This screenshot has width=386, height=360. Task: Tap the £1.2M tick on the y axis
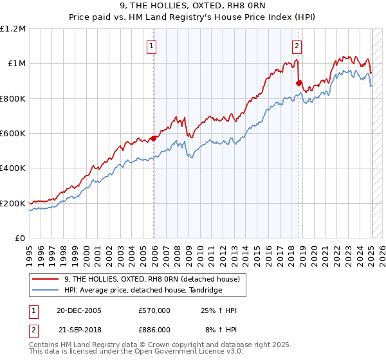13,29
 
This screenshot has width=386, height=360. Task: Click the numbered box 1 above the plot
151,46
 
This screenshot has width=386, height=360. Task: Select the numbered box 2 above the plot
297,46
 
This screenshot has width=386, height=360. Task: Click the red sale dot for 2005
154,138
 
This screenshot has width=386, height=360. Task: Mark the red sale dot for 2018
299,83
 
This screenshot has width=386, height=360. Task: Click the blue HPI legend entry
134,290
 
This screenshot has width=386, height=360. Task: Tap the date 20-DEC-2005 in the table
78,310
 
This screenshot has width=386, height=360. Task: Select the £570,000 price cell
154,310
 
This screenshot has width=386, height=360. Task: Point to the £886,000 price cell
154,329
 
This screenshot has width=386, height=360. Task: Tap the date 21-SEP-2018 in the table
78,329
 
